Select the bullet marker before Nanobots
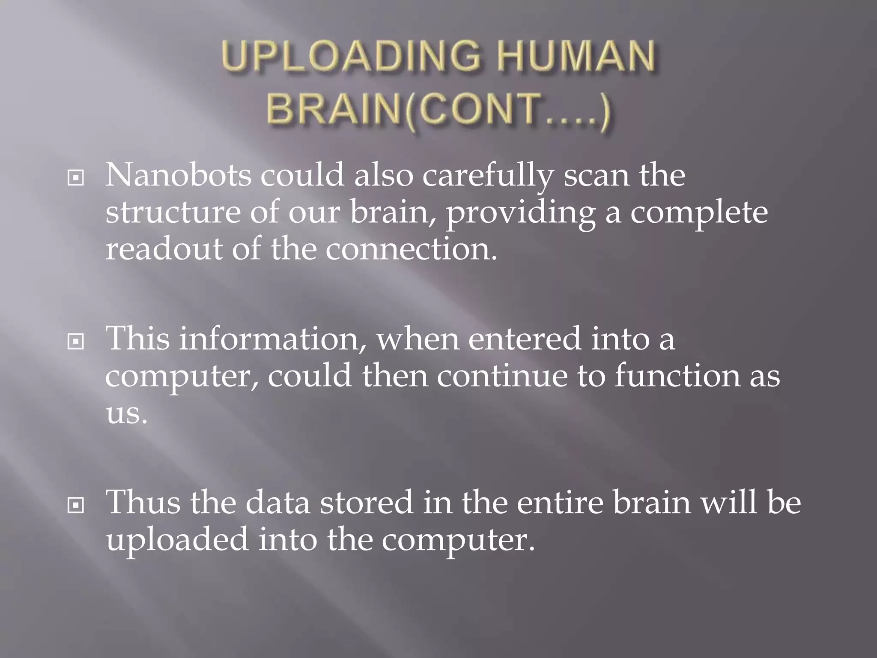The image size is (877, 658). [76, 178]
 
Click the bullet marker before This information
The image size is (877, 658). [76, 341]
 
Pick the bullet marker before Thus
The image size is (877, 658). [76, 505]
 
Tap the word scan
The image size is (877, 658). [597, 176]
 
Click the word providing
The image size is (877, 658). [521, 213]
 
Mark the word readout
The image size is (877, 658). [164, 249]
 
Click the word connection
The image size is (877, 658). [411, 249]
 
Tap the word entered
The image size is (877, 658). [525, 338]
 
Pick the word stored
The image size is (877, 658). [367, 502]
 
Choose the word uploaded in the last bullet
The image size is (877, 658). [177, 539]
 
